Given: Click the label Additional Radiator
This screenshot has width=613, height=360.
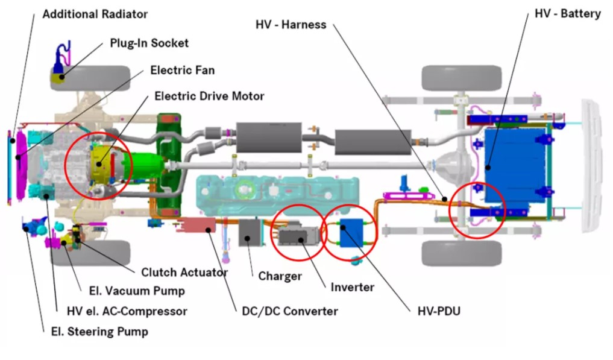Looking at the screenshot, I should tap(95, 13).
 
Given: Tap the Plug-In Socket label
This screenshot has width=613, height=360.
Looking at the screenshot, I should tap(149, 43).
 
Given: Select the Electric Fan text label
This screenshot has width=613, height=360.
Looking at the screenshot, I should tap(182, 70).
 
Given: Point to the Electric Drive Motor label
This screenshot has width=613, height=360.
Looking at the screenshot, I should tap(209, 96).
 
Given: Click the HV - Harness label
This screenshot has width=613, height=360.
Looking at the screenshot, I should tap(291, 25).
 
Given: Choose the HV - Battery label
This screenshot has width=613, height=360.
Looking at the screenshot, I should tap(568, 13).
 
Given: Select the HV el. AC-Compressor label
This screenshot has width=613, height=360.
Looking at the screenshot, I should tap(127, 311).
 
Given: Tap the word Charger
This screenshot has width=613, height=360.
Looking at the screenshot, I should tap(280, 277).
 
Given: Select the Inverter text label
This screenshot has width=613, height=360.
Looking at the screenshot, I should tap(352, 288).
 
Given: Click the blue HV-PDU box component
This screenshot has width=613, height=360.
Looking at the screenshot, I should tap(352, 233).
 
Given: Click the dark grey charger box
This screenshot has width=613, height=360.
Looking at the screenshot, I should tap(249, 232).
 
